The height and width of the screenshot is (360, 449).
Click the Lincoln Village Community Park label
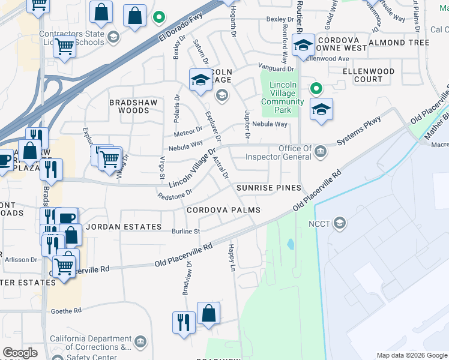point(282,97)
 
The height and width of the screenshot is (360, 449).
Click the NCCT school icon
point(340,223)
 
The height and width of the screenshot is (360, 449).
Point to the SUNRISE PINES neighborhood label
point(268,188)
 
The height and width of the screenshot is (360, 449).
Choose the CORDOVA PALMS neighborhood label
point(223,210)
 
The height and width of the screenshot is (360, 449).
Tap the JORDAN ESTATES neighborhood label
point(123,227)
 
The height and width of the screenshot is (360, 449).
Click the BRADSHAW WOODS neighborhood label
point(129,106)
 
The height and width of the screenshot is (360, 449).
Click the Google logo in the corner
point(21,352)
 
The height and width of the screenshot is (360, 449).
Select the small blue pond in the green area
point(291,244)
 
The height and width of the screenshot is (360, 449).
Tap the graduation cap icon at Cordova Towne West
point(303,45)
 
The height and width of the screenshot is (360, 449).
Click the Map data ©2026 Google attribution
point(411,355)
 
